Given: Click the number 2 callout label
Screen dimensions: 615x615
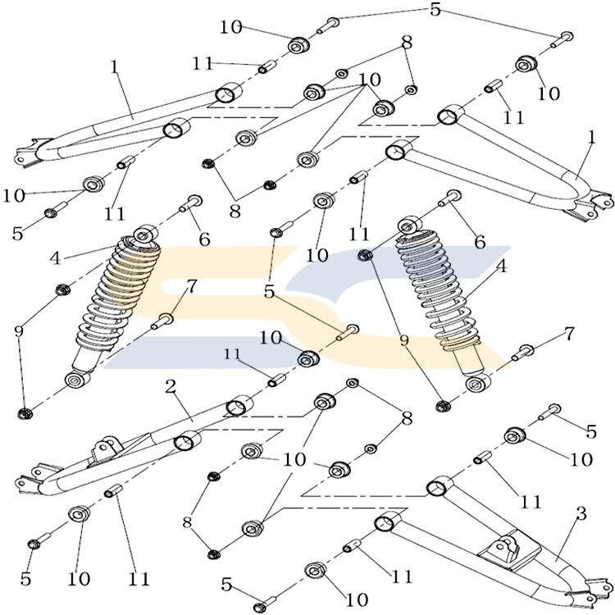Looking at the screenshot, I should (x=171, y=387).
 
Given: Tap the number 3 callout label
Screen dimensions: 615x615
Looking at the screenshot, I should (x=581, y=515).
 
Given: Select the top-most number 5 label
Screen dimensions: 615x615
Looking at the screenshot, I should (x=435, y=10).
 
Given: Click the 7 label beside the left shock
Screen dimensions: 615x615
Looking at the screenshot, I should (x=192, y=286).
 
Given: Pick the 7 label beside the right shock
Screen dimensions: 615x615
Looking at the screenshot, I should (x=569, y=334).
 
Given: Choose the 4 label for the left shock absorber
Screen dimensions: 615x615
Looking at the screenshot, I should (x=55, y=257).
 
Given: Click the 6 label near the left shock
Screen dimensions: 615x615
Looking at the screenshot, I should (x=204, y=239).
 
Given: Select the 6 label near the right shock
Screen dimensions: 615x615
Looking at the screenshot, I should (x=480, y=242).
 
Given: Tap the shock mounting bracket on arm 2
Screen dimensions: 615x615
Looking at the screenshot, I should (x=106, y=450).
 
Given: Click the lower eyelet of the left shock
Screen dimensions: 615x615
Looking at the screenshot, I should (x=77, y=380).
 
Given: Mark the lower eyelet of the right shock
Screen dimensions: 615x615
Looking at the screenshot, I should (x=475, y=384).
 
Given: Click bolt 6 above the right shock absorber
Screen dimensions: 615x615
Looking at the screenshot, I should (x=453, y=196).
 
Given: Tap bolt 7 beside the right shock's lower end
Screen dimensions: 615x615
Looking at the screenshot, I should (x=524, y=353).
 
